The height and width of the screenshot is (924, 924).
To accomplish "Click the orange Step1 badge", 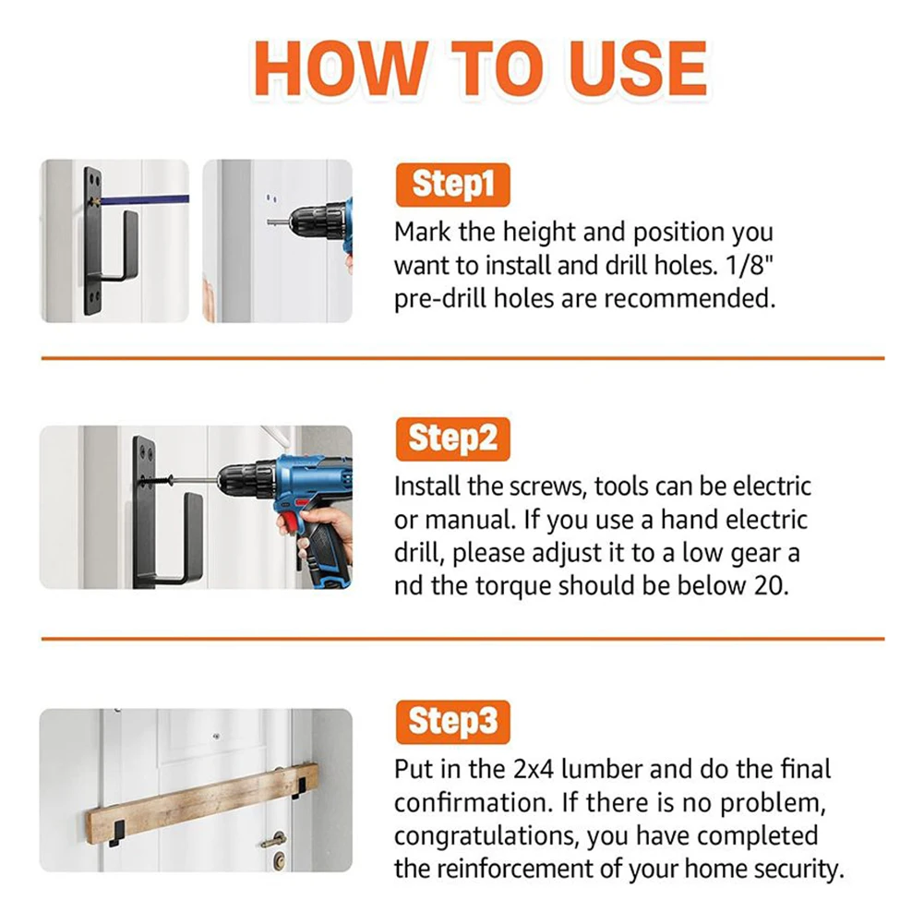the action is click(x=452, y=185).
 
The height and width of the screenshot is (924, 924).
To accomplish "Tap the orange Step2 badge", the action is click(x=452, y=439).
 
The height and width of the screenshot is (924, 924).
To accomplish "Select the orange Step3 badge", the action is click(x=452, y=722).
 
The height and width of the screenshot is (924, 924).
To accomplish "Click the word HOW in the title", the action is click(x=342, y=69).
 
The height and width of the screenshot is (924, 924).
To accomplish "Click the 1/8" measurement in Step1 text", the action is click(x=749, y=265).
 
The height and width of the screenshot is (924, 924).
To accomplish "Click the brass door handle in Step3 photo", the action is click(x=274, y=839).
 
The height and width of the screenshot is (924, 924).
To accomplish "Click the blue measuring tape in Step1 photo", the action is click(x=144, y=199).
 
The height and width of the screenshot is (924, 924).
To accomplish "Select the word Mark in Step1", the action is click(x=423, y=232).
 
